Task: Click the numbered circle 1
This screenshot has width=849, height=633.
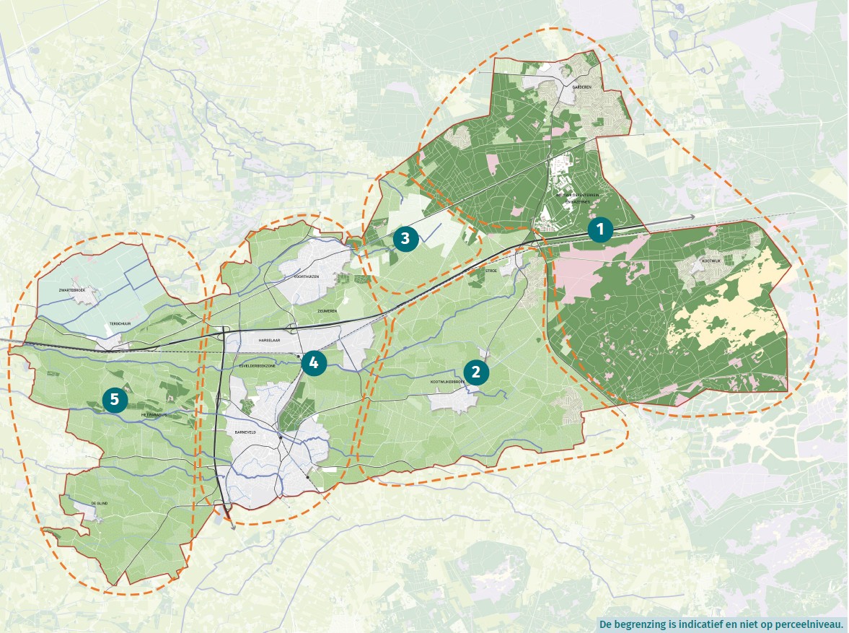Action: click(600, 230)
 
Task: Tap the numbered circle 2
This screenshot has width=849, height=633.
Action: click(476, 372)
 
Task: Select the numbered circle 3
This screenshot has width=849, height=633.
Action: click(405, 237)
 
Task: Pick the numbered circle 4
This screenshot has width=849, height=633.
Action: click(313, 363)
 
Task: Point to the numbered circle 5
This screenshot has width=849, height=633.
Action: click(115, 398)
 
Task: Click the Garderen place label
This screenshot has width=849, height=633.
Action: click(581, 87)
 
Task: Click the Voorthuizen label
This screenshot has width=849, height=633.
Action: click(307, 276)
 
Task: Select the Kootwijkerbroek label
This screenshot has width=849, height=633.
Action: click(449, 382)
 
